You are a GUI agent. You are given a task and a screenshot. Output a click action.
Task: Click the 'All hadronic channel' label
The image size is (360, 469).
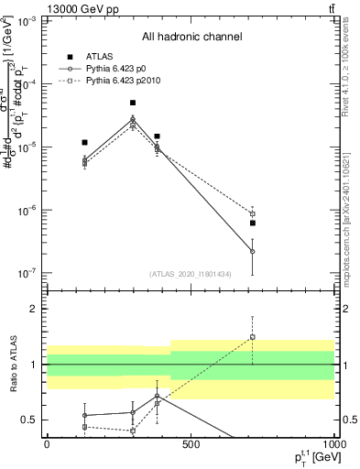191,37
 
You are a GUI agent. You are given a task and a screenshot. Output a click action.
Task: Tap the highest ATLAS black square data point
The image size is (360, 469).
133,104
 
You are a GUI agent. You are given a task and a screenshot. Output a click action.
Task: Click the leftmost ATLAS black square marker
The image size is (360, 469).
84,143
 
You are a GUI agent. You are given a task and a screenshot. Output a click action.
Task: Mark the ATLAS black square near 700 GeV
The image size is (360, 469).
252,223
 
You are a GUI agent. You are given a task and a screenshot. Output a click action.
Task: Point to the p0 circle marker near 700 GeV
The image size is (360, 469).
252,251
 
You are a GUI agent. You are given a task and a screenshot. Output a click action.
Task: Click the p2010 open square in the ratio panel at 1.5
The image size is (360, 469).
252,337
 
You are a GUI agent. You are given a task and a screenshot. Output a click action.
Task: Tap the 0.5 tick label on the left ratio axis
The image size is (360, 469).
30,420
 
